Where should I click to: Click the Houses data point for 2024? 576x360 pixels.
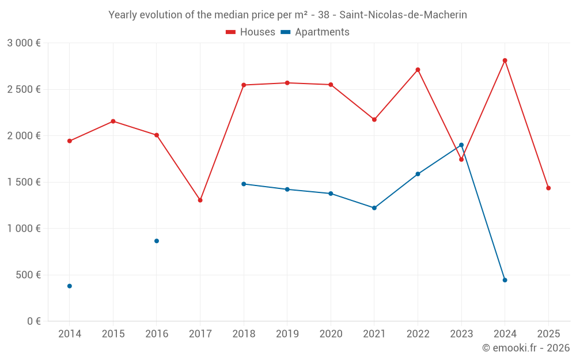coord(505,60)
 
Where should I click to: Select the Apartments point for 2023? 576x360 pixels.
coord(461,145)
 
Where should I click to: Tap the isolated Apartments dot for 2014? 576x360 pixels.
coord(70,286)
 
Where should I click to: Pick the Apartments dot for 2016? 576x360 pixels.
coord(157,241)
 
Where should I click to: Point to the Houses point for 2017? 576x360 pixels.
coord(200,200)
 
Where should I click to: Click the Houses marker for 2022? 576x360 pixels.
coord(418,70)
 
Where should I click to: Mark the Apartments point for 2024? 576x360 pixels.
coord(505,280)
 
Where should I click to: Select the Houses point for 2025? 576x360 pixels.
coord(548,188)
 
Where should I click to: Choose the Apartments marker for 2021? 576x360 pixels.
coord(374,208)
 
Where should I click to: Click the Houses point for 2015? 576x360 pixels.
coord(113,121)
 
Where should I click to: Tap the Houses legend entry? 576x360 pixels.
coord(251,32)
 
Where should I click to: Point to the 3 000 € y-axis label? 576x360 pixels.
coord(24,43)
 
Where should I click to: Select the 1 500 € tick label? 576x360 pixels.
coord(24,182)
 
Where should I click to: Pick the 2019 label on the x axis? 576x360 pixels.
coord(287,334)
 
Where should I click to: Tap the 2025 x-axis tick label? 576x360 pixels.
coord(548,334)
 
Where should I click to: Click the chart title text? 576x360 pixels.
coord(287,15)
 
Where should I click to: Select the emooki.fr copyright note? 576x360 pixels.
coord(526,348)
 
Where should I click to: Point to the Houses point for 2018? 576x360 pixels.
coord(244,85)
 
